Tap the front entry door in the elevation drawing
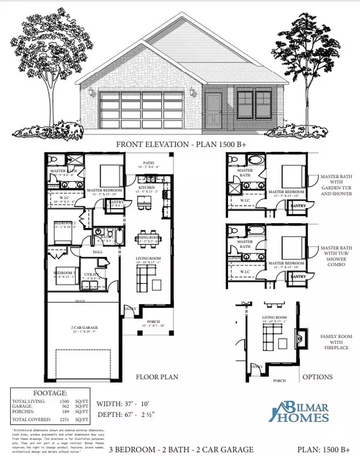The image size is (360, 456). coord(214,110)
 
